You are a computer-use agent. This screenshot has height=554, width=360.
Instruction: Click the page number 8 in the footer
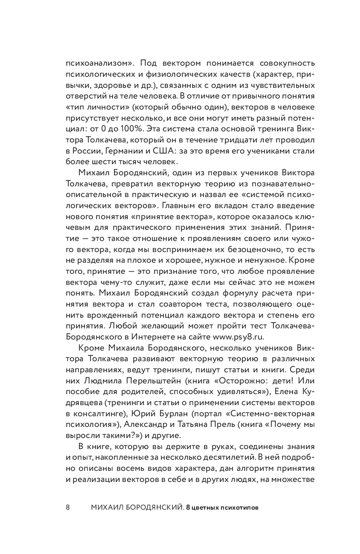click(68, 508)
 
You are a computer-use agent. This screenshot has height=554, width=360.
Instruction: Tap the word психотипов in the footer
click(238, 508)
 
